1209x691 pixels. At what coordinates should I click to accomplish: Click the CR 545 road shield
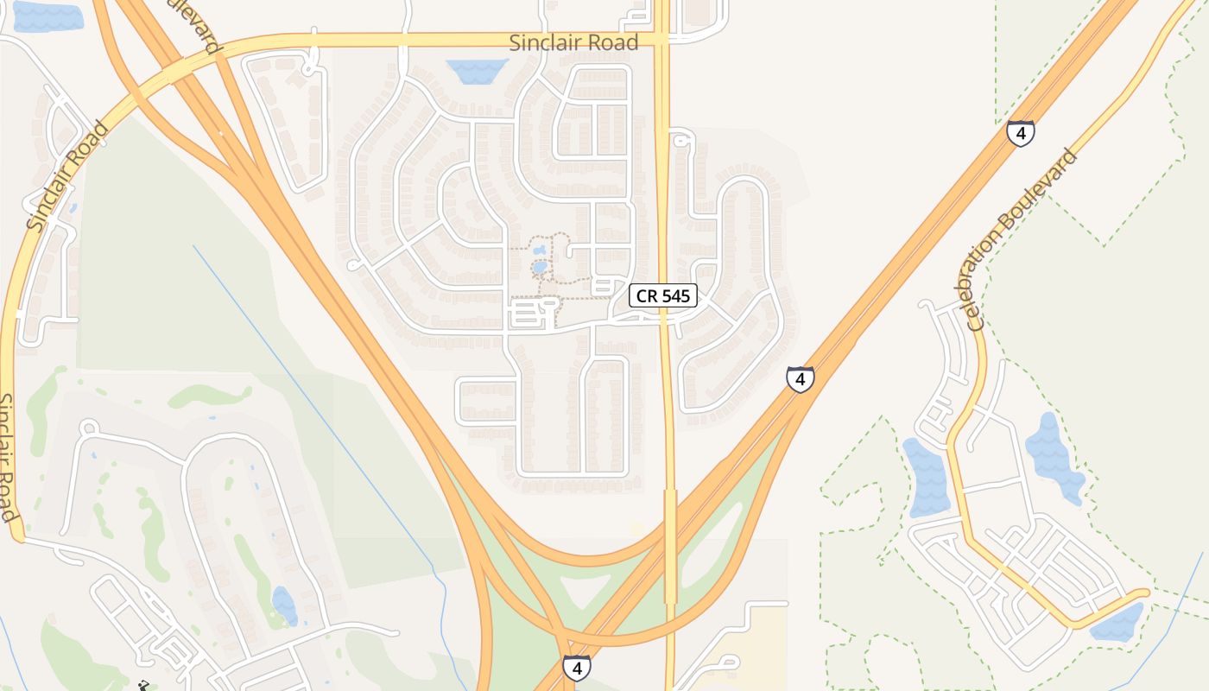pyautogui.click(x=662, y=295)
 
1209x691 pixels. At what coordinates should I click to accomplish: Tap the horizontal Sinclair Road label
pyautogui.click(x=573, y=42)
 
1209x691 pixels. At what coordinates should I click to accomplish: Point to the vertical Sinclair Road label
pyautogui.click(x=9, y=458)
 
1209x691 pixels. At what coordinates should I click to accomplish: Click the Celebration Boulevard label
pyautogui.click(x=1022, y=240)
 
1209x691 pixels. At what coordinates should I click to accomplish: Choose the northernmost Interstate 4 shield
pyautogui.click(x=1020, y=133)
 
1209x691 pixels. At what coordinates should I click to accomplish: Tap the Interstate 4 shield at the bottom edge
pyautogui.click(x=576, y=668)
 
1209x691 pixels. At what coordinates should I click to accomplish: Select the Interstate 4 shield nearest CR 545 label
pyautogui.click(x=800, y=378)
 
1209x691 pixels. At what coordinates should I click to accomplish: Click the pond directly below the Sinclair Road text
pyautogui.click(x=477, y=71)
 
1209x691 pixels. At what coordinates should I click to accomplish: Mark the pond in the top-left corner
pyautogui.click(x=47, y=17)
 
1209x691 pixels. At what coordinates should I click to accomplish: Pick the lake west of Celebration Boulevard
pyautogui.click(x=926, y=477)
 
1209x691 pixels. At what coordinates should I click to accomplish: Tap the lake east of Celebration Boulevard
pyautogui.click(x=1053, y=458)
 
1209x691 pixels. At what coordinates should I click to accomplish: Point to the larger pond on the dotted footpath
pyautogui.click(x=540, y=268)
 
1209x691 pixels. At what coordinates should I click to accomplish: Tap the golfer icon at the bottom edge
pyautogui.click(x=143, y=687)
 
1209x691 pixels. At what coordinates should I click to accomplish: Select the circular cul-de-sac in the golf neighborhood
pyautogui.click(x=88, y=428)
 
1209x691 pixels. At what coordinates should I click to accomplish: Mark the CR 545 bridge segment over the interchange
pyautogui.click(x=670, y=546)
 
